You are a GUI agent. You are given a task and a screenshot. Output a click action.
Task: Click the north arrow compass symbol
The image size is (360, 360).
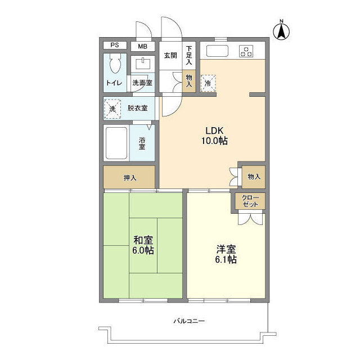281,30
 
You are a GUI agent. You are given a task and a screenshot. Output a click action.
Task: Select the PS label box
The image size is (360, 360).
115,45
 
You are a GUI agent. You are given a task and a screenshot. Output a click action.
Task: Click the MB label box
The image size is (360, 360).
142,46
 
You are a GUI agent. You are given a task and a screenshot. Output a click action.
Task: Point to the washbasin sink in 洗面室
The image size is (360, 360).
142,64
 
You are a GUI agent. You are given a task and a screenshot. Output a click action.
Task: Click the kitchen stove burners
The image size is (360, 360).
246,51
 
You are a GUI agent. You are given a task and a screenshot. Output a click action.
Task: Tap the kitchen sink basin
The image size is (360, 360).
217,51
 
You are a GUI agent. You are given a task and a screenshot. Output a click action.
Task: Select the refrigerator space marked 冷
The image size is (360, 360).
208,83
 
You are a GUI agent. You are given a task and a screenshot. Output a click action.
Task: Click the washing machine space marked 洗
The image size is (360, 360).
112,109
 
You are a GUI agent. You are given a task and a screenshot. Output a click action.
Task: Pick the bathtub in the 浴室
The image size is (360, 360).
116,143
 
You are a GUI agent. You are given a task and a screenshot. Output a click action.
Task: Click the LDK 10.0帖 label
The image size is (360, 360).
214,136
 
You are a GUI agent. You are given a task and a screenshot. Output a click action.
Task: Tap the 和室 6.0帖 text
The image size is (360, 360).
143,245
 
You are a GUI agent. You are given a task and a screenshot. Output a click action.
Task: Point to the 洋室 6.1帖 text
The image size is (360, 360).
226,254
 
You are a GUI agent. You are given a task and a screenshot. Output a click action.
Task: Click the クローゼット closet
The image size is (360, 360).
250,201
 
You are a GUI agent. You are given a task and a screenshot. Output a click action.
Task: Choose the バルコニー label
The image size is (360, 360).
189,321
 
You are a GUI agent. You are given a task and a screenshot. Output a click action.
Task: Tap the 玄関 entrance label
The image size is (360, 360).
170,56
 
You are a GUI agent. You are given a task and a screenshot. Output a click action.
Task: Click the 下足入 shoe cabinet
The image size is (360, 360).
189,56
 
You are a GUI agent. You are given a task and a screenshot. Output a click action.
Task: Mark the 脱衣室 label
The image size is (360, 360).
137,108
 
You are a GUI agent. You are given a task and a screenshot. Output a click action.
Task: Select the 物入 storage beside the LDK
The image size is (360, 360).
254,177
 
